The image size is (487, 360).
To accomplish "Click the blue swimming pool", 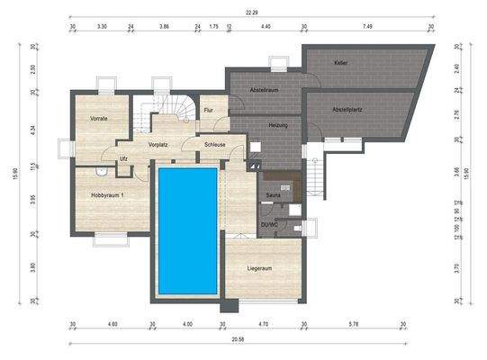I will [x=187, y=229].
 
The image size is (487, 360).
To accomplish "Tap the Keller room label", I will [x=340, y=64].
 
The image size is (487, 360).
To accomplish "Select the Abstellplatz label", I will [x=347, y=110].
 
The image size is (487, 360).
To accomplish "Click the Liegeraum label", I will [x=260, y=268].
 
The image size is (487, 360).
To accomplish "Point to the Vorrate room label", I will [x=100, y=119].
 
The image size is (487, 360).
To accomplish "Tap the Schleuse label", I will [x=214, y=143].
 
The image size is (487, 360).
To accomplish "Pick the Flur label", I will [x=209, y=111].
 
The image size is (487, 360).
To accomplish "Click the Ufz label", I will [x=123, y=160].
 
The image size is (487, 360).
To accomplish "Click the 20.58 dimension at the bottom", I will [x=236, y=343].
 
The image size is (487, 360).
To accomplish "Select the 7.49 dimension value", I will [x=367, y=27].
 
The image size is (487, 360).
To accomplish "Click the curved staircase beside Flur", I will [x=178, y=107].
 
